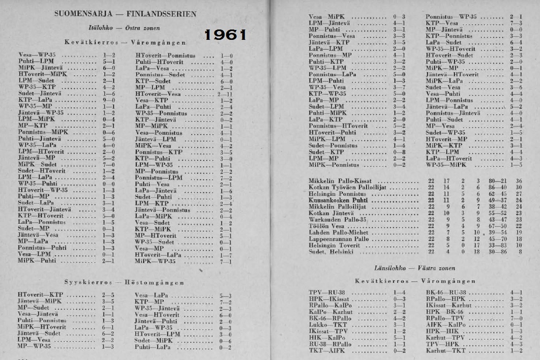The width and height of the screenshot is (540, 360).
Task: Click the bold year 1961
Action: pos(226,35)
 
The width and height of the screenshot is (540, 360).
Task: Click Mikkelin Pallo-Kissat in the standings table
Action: pos(347,181)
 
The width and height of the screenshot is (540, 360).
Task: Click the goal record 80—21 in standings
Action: pos(492,181)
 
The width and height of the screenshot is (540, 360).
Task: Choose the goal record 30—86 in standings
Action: pos(492,252)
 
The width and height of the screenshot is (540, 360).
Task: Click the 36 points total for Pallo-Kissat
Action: pos(518,181)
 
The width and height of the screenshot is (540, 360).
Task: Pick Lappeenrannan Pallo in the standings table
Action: pos(339,239)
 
